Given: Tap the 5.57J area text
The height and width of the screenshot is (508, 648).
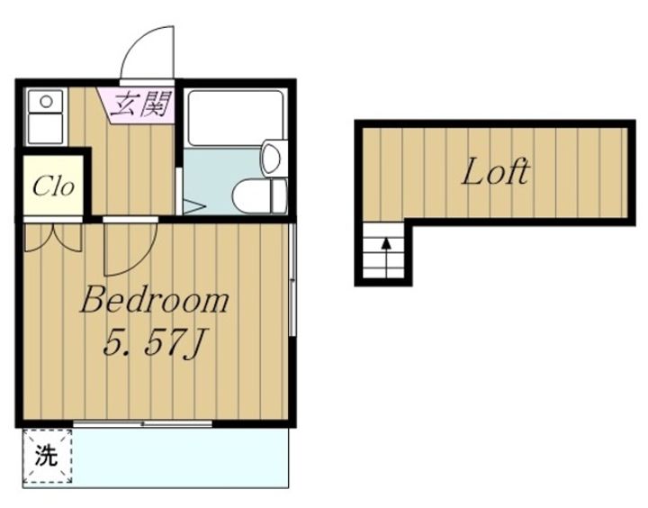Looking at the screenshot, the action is (x=156, y=342).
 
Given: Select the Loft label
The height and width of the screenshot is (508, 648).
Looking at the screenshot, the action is (x=495, y=172).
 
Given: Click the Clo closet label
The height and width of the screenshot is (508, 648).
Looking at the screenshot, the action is (x=53, y=187).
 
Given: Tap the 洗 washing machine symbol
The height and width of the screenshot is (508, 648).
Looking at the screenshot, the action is (x=47, y=456).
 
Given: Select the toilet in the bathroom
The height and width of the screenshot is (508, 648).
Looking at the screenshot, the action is (x=259, y=195).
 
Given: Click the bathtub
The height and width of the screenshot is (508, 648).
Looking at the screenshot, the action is (x=236, y=117).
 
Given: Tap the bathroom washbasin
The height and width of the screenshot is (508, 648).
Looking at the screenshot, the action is (x=273, y=158).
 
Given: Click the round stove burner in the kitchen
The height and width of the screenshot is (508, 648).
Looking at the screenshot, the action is (x=46, y=101).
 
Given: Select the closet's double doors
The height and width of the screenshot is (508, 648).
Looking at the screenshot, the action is (x=53, y=237).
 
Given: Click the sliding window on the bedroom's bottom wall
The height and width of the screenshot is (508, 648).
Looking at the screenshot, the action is (x=142, y=423).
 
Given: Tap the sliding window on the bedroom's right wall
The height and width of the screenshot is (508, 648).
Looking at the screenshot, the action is (x=292, y=279).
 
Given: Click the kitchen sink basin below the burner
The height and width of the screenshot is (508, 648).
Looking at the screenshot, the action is (x=46, y=129).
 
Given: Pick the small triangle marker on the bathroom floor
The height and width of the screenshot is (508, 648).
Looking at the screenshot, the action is (x=193, y=207).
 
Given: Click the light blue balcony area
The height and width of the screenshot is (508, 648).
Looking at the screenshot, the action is (x=180, y=458).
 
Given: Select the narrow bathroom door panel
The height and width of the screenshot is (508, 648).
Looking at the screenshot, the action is (x=179, y=191).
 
